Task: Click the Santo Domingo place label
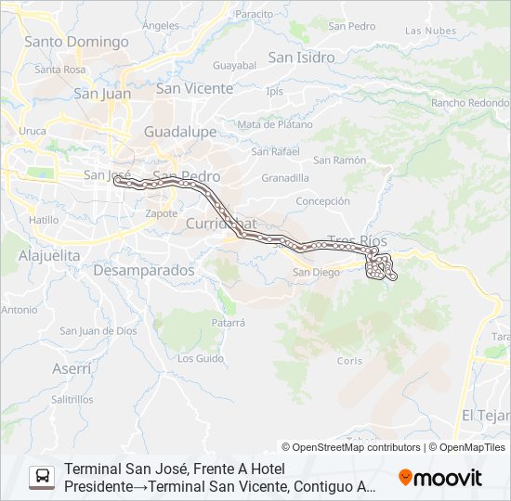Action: pos(76,42)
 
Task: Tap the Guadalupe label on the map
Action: pos(180,132)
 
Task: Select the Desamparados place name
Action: pos(144,270)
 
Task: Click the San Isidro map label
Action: pos(301,58)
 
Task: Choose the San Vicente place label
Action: pos(194,88)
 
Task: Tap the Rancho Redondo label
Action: pos(469,103)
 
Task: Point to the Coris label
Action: pos(349,361)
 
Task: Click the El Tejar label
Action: pos(485,415)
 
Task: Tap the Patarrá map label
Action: pos(228,323)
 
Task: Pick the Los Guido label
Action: pos(201,357)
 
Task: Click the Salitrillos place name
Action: pos(72,399)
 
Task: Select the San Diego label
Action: pos(314,273)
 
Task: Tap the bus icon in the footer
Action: pos(42,478)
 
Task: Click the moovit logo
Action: pos(440,478)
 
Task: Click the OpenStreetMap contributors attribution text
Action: pos(351,447)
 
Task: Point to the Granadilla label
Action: pos(284,177)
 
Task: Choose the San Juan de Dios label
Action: pos(98,330)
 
